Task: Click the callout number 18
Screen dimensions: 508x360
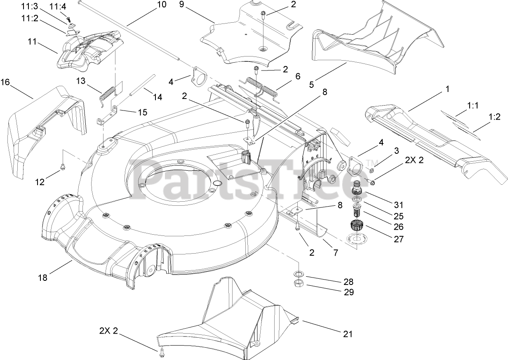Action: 43,278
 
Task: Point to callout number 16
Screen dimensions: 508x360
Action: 5,82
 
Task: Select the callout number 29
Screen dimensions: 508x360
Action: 348,292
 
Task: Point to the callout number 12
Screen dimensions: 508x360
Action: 40,182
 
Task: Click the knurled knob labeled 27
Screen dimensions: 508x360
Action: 356,226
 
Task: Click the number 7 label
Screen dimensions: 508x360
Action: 335,253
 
